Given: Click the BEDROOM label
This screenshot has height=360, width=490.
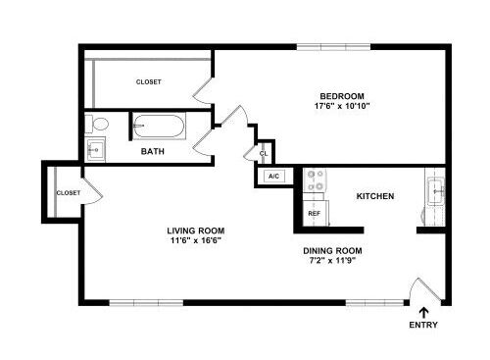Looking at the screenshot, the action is [342, 96].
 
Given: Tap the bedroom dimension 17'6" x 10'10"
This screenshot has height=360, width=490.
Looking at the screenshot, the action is [342, 106].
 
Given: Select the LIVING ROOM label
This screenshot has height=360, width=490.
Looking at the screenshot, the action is [196, 231].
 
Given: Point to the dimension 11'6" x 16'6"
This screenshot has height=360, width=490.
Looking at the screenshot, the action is [196, 240].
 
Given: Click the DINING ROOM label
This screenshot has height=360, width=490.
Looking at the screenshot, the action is [332, 251].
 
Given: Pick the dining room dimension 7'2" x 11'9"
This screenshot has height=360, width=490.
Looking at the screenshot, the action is [332, 261].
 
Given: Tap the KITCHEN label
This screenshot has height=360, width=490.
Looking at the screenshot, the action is [375, 196].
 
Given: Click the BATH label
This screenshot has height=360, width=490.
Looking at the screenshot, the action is [153, 151].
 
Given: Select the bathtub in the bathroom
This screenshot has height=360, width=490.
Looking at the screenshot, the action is [159, 126].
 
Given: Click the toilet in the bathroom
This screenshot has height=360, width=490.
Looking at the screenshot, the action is [97, 125].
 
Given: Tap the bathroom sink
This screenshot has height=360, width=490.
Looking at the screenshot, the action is [95, 150].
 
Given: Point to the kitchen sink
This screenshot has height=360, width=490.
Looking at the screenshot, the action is [436, 191].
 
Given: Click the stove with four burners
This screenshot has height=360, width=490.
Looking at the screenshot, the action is [315, 180].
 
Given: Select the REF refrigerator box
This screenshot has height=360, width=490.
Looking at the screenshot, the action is [316, 213].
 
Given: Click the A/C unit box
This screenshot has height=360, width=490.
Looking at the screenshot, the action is [274, 177].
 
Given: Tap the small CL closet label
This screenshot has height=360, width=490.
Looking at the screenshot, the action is [264, 153].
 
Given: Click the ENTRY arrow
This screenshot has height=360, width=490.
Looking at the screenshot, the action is [424, 312].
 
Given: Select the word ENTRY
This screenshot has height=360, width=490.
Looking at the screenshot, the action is [423, 325].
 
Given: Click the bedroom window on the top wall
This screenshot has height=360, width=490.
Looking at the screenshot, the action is [333, 47].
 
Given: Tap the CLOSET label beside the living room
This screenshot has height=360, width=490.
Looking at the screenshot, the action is [69, 193].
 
